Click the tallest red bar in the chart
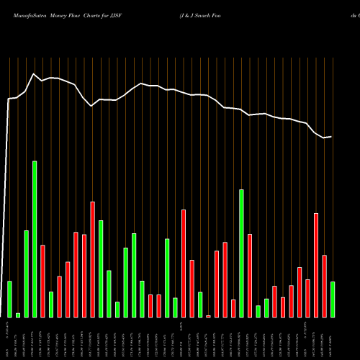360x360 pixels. (93, 259)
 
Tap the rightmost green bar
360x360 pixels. (333, 300)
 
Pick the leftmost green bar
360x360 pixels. (9, 300)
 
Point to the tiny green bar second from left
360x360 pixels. (18, 315)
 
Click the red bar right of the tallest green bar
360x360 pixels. (42, 281)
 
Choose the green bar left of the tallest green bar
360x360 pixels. (26, 274)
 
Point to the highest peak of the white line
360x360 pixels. (33, 73)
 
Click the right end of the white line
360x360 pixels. (332, 137)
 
